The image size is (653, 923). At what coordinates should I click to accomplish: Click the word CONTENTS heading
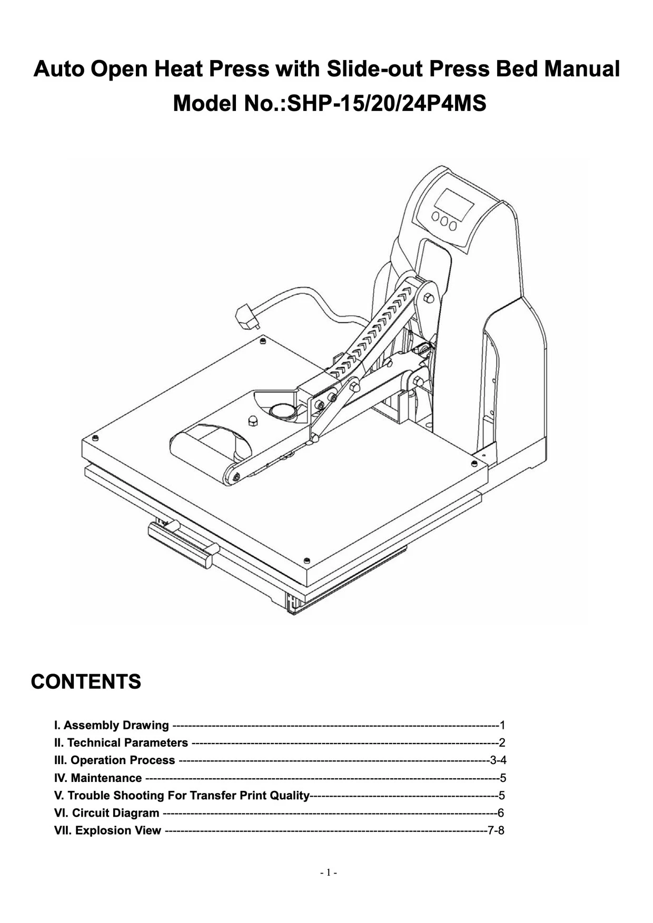coord(86,681)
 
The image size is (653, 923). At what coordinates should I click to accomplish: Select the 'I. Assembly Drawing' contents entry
coord(112,725)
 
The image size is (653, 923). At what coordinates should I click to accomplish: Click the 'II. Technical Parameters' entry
coord(121,743)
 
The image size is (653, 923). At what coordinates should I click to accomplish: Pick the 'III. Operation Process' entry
coord(115,760)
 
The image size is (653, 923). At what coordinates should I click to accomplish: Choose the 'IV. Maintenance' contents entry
coord(98,778)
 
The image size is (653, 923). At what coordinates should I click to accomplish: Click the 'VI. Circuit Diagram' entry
coord(107,812)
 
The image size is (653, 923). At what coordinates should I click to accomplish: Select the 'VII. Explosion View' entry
coord(108,830)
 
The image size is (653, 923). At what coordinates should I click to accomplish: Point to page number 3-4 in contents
coord(498,760)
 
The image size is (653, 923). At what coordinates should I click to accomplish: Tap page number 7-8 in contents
coord(496,830)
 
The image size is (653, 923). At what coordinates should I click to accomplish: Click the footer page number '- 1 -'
coord(328,872)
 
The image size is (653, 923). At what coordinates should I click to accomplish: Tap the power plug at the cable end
coord(245,317)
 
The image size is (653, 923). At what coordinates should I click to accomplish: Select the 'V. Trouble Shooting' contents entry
coord(182,795)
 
